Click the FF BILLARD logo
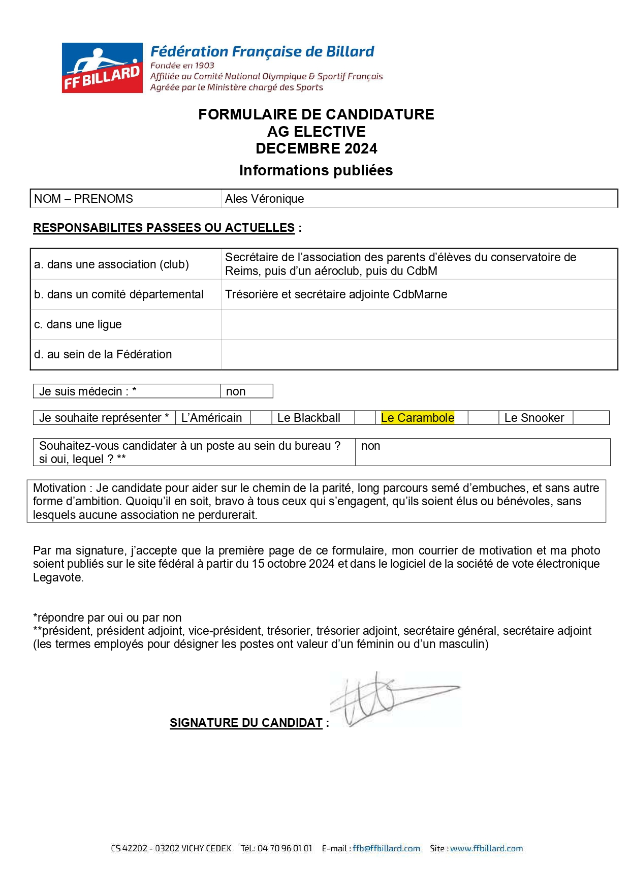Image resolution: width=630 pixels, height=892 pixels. pyautogui.click(x=102, y=68)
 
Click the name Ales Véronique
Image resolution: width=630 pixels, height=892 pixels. pyautogui.click(x=264, y=199)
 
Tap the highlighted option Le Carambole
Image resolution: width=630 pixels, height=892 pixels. pyautogui.click(x=417, y=418)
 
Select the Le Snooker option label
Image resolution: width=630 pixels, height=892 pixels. pyautogui.click(x=534, y=418)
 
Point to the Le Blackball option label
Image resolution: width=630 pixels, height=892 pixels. pyautogui.click(x=308, y=418)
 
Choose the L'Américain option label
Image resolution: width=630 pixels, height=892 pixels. pyautogui.click(x=211, y=418)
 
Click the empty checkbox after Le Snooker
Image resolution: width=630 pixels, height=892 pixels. pyautogui.click(x=591, y=418)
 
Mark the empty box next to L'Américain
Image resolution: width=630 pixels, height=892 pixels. pyautogui.click(x=261, y=418)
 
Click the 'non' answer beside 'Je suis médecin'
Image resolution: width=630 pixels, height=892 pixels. pyautogui.click(x=236, y=391)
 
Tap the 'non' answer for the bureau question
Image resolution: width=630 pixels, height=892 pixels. pyautogui.click(x=370, y=446)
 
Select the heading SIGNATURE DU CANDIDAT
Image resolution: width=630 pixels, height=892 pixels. pyautogui.click(x=246, y=723)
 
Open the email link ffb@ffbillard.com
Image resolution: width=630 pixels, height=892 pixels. pyautogui.click(x=386, y=848)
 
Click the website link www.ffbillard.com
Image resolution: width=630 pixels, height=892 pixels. pyautogui.click(x=486, y=848)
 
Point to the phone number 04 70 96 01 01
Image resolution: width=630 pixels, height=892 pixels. pyautogui.click(x=285, y=848)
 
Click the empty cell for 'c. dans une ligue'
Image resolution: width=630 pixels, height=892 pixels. pyautogui.click(x=419, y=324)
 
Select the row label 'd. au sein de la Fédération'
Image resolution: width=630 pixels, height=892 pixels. pyautogui.click(x=103, y=354)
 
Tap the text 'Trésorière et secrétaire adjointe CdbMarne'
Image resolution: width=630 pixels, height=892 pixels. pyautogui.click(x=336, y=294)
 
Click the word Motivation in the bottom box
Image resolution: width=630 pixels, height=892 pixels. pyautogui.click(x=59, y=488)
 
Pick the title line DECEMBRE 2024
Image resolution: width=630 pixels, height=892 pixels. pyautogui.click(x=316, y=148)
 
